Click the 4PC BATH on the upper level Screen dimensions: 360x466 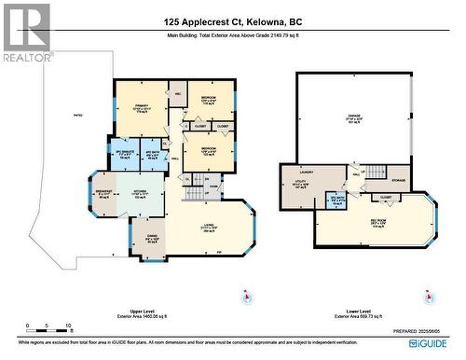click(x=152, y=154)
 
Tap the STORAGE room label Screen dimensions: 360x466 click(x=399, y=180)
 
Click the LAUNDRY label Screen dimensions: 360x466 click(x=306, y=172)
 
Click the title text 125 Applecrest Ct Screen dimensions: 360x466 click(x=233, y=21)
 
